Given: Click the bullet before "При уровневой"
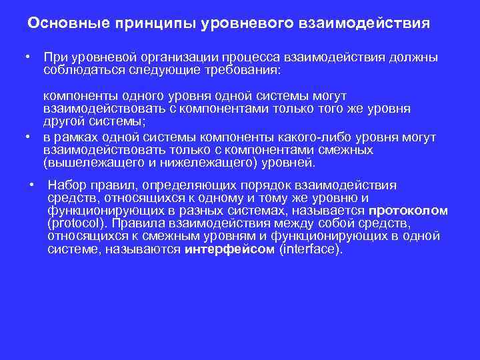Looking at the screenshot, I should pos(29,57).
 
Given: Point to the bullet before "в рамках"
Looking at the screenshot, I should pos(29,137).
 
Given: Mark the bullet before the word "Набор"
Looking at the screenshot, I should pos(33,185).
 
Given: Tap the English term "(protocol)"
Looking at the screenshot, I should pos(79,223).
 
